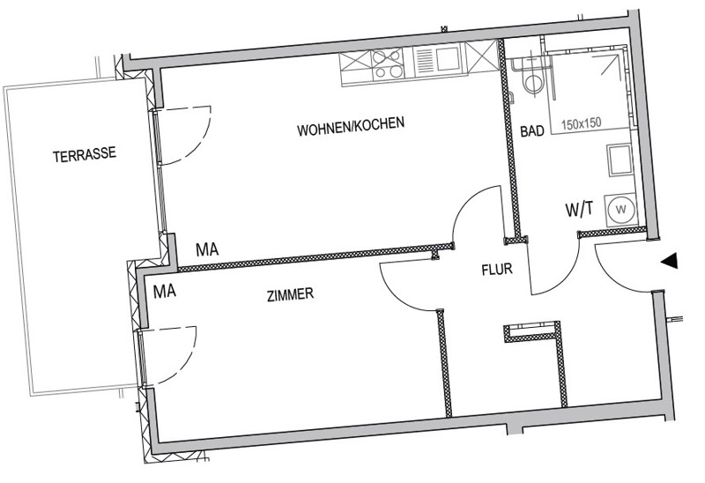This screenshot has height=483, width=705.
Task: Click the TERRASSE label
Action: (x=85, y=154)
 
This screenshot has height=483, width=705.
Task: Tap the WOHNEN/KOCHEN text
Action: (x=351, y=126)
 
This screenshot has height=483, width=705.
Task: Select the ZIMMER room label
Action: (x=290, y=295)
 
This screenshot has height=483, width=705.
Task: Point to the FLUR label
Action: (x=497, y=270)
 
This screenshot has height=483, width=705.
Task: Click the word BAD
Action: (x=532, y=130)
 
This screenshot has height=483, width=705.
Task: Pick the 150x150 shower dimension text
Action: (x=582, y=123)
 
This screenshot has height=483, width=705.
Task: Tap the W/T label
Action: (x=579, y=210)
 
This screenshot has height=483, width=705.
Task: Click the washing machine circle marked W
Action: (x=622, y=209)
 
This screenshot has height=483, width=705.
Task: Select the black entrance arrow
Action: (x=669, y=260)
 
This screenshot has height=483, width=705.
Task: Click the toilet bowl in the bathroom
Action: (x=534, y=83)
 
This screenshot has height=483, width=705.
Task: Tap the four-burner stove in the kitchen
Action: (x=387, y=64)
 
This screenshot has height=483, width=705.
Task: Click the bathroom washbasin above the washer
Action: (x=620, y=160)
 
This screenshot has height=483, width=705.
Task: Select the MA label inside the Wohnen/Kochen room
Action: (x=207, y=249)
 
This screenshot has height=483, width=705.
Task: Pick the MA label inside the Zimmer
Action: (x=165, y=292)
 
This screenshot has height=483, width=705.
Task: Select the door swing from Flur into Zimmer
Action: (x=396, y=294)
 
